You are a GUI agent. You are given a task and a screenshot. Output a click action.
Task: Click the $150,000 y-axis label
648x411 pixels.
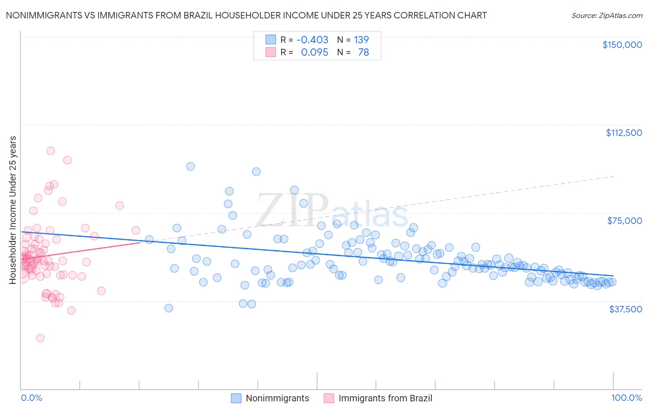pos(622,45)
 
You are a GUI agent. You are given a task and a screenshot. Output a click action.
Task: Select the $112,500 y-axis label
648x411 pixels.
pos(624,133)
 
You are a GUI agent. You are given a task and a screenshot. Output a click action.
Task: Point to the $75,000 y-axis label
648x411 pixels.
pos(624,221)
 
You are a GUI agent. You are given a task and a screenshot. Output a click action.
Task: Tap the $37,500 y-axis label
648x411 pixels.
pos(625,309)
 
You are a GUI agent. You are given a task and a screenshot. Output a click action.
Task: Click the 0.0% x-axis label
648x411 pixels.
pos(32,398)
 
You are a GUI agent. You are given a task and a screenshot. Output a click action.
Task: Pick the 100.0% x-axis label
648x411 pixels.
pos(626,398)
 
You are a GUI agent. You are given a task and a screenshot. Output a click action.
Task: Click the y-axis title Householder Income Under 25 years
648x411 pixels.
pos(13,210)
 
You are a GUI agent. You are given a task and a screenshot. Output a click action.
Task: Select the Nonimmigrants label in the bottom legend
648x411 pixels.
pos(277,399)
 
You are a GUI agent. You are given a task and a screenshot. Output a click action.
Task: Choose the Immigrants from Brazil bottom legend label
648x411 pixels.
pos(385,399)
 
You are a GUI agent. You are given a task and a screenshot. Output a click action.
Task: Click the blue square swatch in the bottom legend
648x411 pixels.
pos(236,399)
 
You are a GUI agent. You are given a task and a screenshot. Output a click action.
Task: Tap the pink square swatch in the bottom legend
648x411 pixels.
pos(329,399)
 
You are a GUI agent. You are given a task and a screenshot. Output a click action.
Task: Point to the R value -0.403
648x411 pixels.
pos(312,40)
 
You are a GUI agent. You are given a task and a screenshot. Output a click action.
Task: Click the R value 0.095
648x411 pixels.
pos(314,53)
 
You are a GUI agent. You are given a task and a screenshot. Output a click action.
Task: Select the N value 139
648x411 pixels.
pos(361,40)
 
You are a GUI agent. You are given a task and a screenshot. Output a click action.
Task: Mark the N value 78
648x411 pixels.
pos(363,53)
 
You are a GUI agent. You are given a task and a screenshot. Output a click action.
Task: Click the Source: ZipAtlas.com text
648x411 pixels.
pos(607,16)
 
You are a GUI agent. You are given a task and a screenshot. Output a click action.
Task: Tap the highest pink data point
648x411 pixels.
pos(51,151)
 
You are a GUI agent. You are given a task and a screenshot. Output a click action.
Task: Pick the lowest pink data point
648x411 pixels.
pos(40,338)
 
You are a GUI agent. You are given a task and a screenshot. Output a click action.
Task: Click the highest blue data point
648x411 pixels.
pos(190,166)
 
